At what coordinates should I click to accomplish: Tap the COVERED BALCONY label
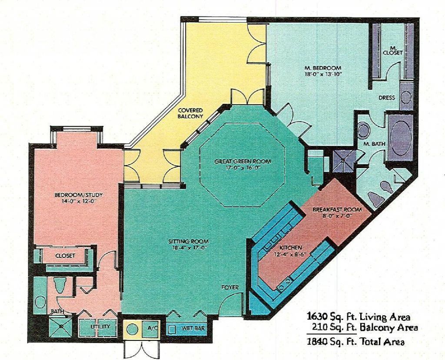[x=190, y=113]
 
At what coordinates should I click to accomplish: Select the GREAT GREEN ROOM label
[x=242, y=162]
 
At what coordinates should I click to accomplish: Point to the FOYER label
[x=229, y=287]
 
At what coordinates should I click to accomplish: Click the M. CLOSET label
[x=392, y=50]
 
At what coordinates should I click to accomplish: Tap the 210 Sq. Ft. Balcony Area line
[x=364, y=327]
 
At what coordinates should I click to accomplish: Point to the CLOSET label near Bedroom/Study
[x=65, y=256]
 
